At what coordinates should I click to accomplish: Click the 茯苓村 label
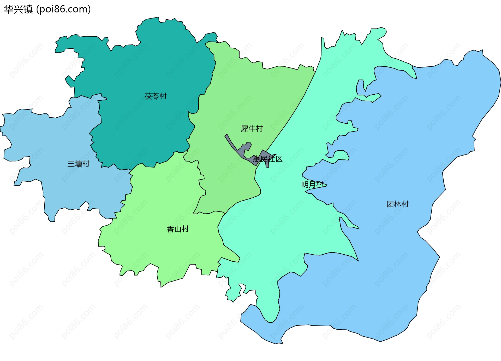[x=156, y=96]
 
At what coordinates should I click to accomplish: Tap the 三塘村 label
[x=79, y=164]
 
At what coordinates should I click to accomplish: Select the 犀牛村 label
[x=252, y=129]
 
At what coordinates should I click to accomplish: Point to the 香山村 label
[x=178, y=229]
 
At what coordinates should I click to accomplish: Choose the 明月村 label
[x=312, y=185]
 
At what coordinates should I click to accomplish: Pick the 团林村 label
[x=397, y=204]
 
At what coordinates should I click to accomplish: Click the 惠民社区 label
[x=267, y=159]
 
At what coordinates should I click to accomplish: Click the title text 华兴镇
[x=18, y=9]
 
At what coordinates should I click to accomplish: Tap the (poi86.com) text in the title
[x=63, y=9]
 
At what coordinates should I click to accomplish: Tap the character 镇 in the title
[x=28, y=9]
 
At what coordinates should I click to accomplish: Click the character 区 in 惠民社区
[x=279, y=159]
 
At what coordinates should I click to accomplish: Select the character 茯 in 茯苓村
[x=148, y=96]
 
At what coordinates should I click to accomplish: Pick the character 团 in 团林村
[x=390, y=204]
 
